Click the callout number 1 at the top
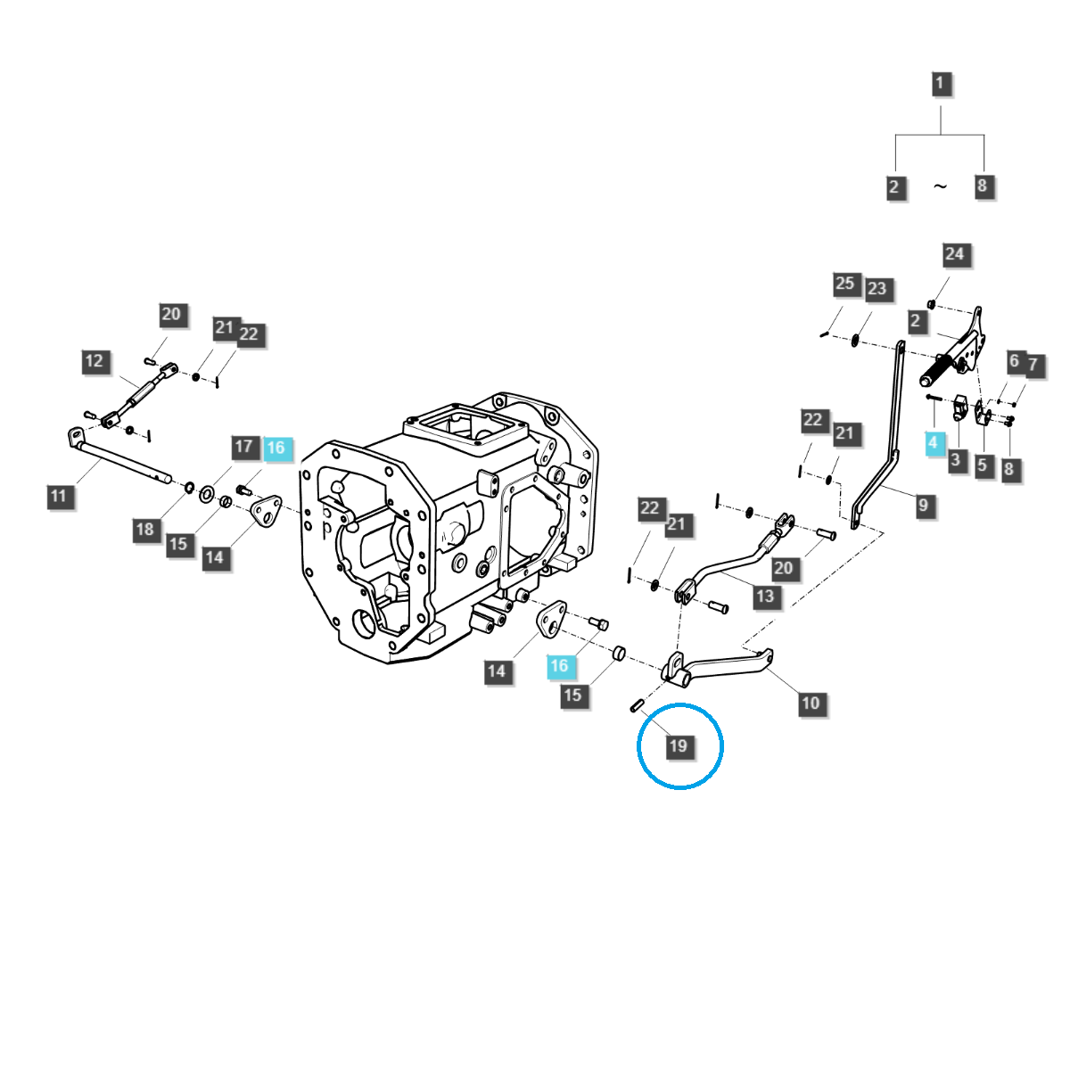(x=939, y=85)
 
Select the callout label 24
(x=954, y=254)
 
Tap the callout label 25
(x=844, y=284)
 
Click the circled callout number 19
(x=679, y=745)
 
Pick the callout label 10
(x=810, y=703)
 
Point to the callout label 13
(x=765, y=596)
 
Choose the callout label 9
(x=923, y=506)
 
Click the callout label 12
(x=95, y=361)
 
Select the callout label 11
(x=59, y=496)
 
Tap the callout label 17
(x=244, y=447)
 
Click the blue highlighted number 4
(x=933, y=442)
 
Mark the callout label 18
(x=144, y=530)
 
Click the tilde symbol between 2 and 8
(x=940, y=186)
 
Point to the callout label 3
(x=955, y=460)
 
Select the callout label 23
(x=877, y=289)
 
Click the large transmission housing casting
(x=446, y=535)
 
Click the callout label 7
(x=1033, y=365)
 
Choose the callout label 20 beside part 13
(x=783, y=568)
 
